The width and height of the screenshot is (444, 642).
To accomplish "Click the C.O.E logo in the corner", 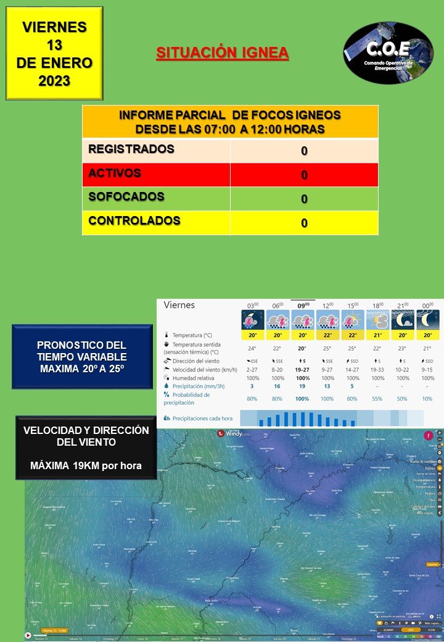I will point(388,53).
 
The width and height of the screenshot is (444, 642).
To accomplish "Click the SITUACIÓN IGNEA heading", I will point(222,53).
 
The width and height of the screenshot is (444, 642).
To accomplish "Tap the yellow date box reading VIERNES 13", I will point(54,53).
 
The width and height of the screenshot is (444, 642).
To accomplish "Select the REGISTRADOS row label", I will point(131,149).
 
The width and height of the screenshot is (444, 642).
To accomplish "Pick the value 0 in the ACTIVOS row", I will point(304,175).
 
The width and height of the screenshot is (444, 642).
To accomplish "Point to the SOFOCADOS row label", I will point(126,197).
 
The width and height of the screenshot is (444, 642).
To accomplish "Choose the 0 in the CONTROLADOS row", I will point(304,223).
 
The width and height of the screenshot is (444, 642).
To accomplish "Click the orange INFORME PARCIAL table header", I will point(230,122).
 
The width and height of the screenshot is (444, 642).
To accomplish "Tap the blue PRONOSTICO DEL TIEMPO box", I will point(82,357).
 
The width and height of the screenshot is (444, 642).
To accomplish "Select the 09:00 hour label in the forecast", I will point(303,305).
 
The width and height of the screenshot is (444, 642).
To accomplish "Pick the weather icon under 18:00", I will point(377,320).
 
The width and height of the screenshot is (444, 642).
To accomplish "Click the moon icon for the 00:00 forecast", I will point(427,320).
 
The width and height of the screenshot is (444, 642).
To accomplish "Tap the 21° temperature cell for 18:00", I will point(377,335).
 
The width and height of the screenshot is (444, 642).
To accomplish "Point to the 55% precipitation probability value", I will point(377,399).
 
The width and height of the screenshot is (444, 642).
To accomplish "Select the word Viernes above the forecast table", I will point(179,305).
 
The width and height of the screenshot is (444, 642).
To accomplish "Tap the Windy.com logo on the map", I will point(234,433).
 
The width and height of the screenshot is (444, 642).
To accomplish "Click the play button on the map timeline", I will point(28,635).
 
